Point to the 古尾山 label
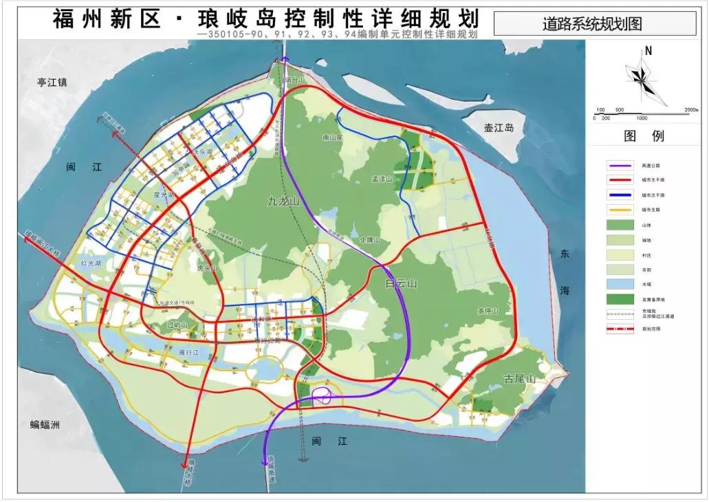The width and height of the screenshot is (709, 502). pos(520,379)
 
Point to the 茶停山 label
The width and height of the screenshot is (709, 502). pos(487,311)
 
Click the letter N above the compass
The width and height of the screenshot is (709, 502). pos(648,50)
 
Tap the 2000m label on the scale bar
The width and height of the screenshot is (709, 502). pos(691,109)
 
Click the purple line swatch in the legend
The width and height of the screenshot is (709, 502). pos(620,166)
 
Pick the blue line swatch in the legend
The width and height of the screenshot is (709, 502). pos(620,195)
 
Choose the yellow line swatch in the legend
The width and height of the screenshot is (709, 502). pos(620,210)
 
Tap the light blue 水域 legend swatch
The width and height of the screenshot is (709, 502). pos(620,284)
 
